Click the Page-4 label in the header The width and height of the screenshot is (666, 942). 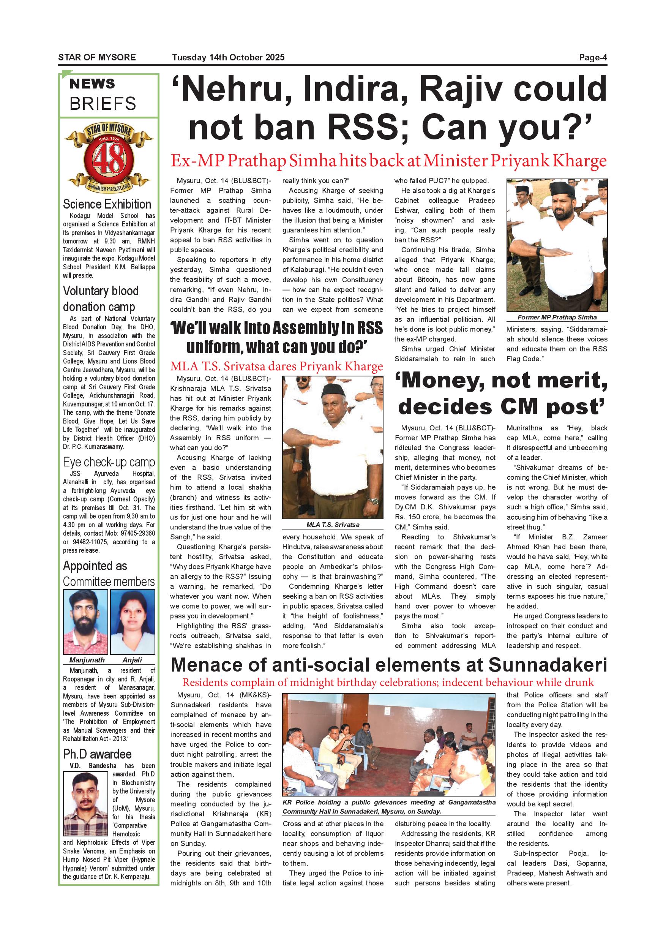(593, 57)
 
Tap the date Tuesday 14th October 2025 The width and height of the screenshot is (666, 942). (228, 57)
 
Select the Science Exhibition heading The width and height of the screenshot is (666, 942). (107, 204)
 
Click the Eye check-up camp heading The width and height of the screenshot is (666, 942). (109, 462)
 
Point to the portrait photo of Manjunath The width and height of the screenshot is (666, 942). (85, 621)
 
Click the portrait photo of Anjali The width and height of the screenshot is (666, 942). (133, 621)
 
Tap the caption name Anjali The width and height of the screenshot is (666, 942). (132, 660)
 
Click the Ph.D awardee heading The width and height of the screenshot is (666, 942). (97, 754)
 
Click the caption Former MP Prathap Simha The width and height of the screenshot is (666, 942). (557, 317)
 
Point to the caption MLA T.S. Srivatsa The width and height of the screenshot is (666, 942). (333, 525)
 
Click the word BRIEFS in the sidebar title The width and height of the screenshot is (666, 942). (103, 104)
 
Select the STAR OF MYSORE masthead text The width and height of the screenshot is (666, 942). (97, 57)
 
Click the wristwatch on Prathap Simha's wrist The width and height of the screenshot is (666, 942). (539, 251)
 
